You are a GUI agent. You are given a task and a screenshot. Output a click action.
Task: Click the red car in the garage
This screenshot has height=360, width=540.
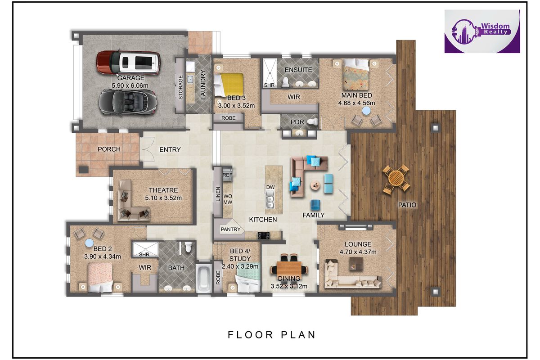click(129, 63)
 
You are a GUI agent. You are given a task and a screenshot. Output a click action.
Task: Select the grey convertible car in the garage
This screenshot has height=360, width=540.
click(128, 102)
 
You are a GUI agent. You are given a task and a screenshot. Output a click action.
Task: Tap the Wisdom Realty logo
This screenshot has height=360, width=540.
click(482, 31)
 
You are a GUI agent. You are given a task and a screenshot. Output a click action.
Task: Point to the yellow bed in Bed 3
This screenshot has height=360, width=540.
click(229, 85)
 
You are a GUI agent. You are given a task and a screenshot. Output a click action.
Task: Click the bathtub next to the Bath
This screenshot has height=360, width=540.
click(204, 279)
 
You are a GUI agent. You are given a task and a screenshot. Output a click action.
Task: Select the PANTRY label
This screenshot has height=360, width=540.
click(231, 229)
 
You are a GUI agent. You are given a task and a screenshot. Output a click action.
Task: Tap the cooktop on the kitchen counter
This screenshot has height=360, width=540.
click(264, 235)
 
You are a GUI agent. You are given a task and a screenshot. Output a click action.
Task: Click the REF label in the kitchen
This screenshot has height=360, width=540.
click(227, 175)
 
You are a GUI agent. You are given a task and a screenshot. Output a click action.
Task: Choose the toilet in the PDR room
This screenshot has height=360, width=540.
click(313, 121)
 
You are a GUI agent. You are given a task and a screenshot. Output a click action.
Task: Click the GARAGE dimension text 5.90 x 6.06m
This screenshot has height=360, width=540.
click(130, 85)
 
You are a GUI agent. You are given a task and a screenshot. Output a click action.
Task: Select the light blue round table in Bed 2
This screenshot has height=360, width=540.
click(90, 243)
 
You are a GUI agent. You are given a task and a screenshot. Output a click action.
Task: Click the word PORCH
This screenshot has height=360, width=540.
click(109, 149)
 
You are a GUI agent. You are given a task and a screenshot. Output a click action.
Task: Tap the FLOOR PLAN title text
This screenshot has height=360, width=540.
click(272, 335)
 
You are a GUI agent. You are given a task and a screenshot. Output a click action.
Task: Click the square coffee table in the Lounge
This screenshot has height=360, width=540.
click(356, 264)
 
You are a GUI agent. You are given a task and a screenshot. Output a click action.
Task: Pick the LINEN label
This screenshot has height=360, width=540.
click(218, 194)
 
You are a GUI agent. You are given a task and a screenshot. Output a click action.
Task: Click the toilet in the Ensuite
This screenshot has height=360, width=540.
click(286, 82)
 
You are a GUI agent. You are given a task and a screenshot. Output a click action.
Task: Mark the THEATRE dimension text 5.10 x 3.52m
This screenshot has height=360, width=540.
click(163, 198)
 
